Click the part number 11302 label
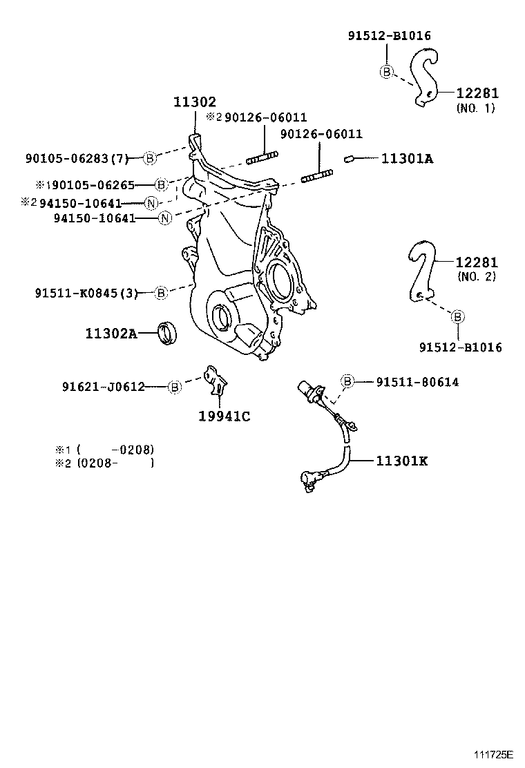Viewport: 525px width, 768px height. (194, 102)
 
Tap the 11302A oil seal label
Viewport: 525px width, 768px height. (111, 334)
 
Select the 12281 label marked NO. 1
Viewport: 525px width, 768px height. (477, 93)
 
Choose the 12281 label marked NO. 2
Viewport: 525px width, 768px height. (476, 262)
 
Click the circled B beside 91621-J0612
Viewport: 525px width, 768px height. (175, 387)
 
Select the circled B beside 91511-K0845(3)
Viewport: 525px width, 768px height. (161, 293)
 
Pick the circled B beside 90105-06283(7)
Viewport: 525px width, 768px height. (150, 159)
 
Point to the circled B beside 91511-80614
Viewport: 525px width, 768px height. (347, 381)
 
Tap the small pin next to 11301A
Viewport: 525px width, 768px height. (349, 160)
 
